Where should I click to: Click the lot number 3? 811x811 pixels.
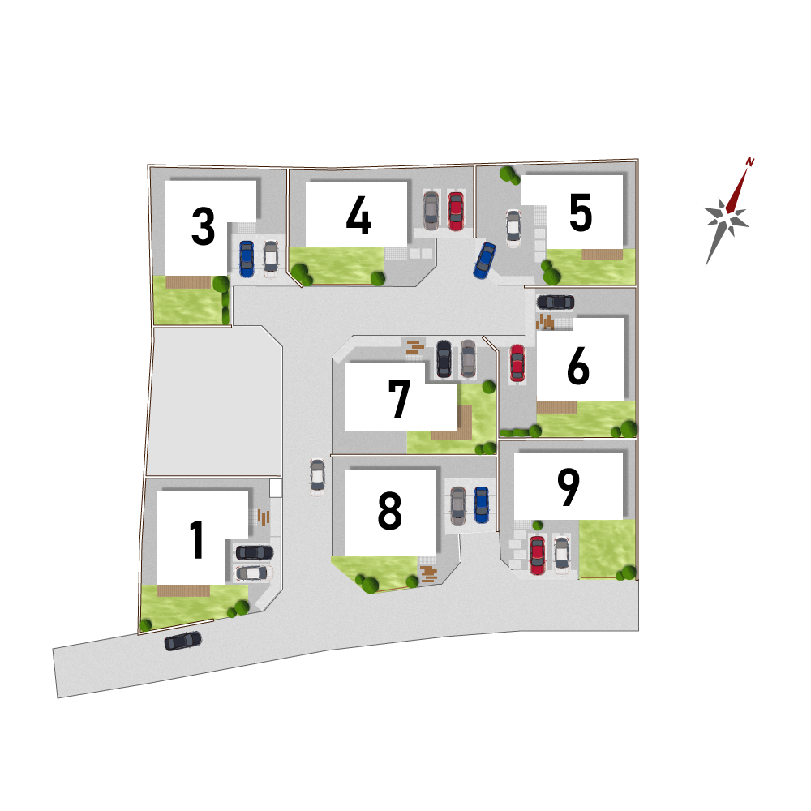coord(204,226)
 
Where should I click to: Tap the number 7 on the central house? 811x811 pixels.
coord(399,398)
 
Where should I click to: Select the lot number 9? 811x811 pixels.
coord(569,487)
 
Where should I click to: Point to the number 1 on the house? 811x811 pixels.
coord(197,540)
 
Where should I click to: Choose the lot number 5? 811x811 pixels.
coord(581,212)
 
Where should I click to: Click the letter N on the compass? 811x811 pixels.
coord(749,162)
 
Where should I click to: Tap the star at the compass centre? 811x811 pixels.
coord(727,217)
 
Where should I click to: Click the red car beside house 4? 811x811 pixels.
coord(456,211)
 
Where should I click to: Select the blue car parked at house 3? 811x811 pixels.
coord(247,259)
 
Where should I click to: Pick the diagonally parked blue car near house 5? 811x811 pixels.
coord(485,260)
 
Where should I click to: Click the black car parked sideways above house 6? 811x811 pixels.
coord(556,302)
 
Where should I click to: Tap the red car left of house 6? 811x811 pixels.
coord(517,363)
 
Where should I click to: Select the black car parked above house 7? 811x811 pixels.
coord(444,358)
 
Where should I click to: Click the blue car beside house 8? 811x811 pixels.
coord(482,504)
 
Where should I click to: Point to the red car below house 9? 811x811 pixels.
coord(538,556)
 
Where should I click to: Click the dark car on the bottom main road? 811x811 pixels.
coord(183,641)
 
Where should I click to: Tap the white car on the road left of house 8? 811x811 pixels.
coord(318,478)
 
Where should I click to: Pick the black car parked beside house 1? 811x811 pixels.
coord(255,552)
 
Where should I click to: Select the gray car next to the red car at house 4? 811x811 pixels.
coord(431,211)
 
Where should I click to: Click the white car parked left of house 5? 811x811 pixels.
coord(513,229)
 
